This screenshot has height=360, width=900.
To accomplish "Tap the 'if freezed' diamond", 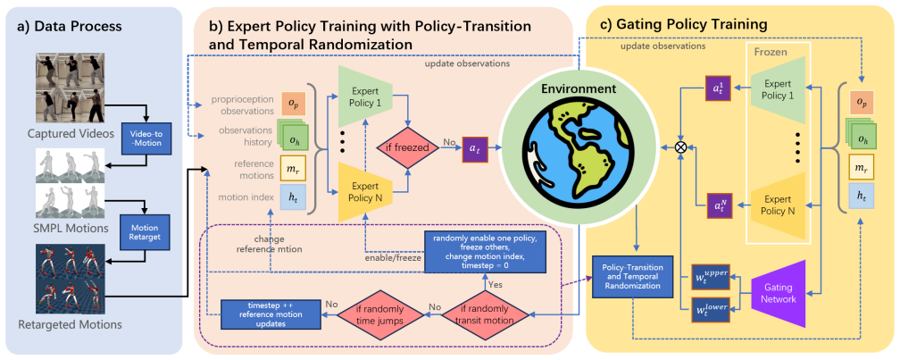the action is [411, 148].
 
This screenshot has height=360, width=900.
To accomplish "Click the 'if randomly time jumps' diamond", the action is [372, 316].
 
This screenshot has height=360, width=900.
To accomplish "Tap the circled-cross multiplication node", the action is [681, 147].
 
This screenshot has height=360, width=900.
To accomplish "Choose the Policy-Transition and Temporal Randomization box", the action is [631, 277].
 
